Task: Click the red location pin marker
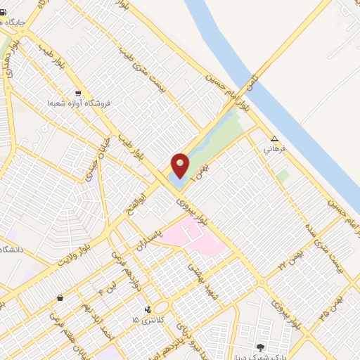180,166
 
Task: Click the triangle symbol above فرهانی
274,139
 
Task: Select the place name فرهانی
273,150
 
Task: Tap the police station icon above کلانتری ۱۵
148,309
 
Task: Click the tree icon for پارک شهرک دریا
260,347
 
